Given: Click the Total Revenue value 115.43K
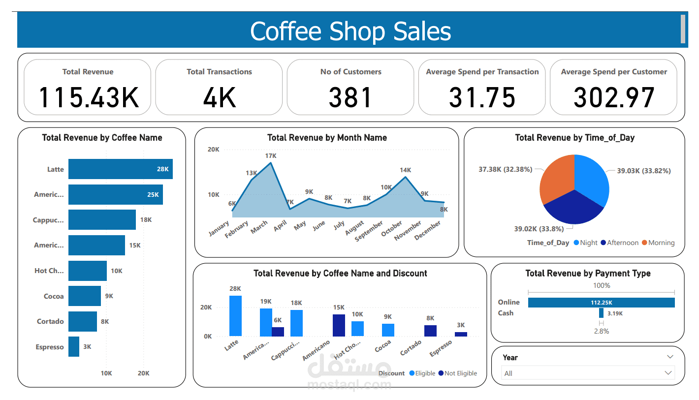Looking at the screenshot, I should (88, 97).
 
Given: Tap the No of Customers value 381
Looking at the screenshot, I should (350, 97).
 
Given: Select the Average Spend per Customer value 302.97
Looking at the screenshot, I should (613, 97).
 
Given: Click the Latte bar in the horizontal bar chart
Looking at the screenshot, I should (120, 169).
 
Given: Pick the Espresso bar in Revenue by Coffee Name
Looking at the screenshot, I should (74, 346).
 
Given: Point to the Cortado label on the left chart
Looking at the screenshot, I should (50, 321).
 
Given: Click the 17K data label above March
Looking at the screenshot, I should (271, 155).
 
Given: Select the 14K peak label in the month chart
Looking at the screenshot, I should (405, 170).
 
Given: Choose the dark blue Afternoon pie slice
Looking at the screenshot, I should (573, 207).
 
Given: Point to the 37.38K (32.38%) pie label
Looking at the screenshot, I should (505, 169).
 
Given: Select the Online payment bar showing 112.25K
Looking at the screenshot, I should (601, 303).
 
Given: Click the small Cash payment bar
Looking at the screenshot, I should (601, 313).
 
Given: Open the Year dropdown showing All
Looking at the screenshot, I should (587, 373).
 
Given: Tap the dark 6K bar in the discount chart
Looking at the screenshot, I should (278, 332).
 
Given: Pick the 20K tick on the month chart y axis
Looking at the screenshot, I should (213, 150).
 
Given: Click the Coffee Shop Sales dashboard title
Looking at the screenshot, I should (350, 31).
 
